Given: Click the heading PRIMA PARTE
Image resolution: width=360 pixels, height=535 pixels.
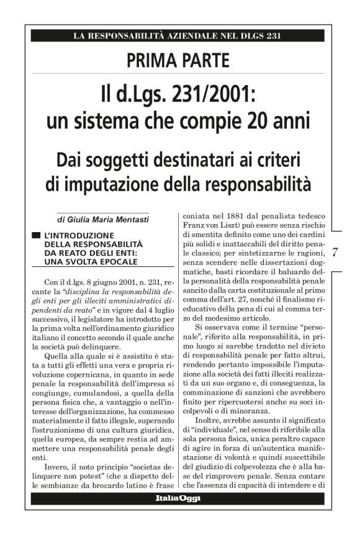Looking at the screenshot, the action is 178,61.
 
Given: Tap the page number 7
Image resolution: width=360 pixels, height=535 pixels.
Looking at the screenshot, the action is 335,252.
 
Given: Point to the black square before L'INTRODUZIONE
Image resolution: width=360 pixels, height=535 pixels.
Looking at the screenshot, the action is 38,236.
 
